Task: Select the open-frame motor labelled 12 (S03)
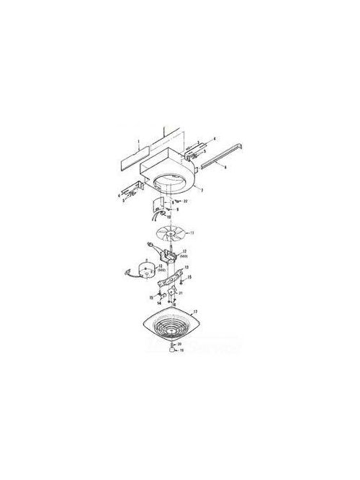(x=172, y=257)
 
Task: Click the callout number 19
(x=182, y=371)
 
